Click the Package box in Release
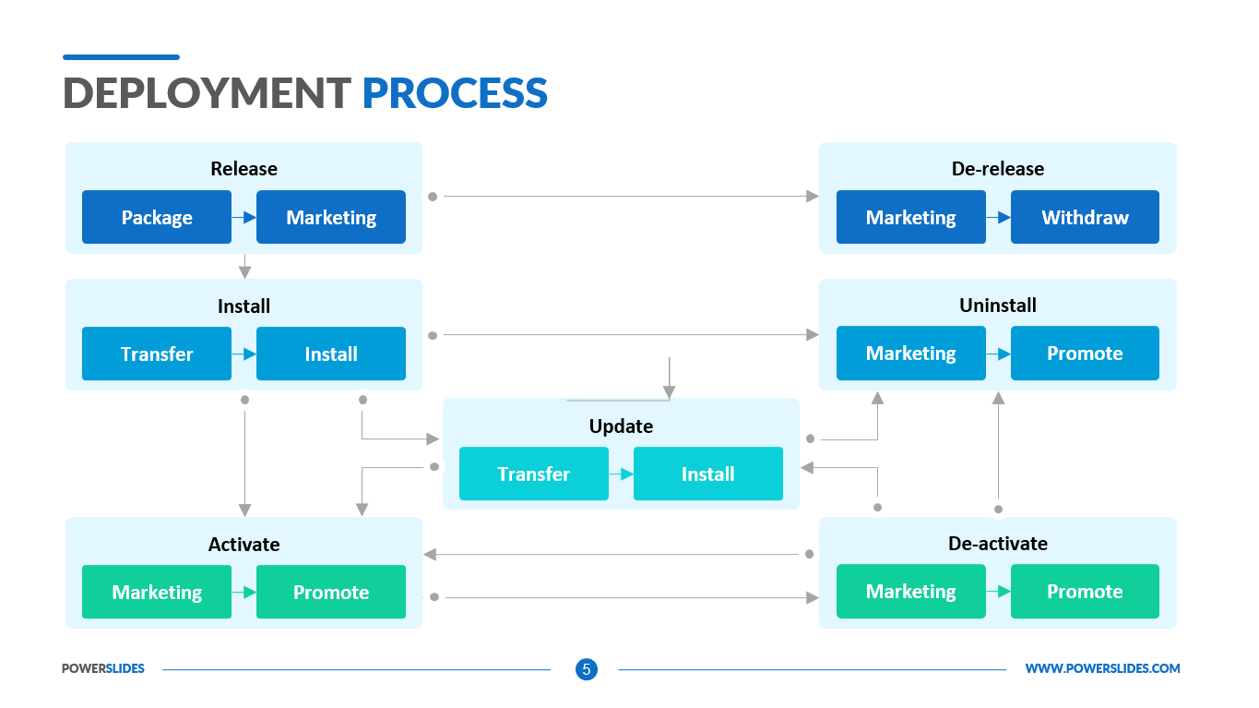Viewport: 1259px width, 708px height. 157,218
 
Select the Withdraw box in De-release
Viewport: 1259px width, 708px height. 1085,218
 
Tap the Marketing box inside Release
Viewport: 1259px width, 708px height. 331,218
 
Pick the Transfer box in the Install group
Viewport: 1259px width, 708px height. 157,354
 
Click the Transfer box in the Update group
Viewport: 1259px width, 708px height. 534,474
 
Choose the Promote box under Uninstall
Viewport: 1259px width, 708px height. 1085,354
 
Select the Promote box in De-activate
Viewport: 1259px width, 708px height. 1085,592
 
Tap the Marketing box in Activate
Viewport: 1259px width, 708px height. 157,593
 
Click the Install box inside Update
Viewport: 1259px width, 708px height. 707,474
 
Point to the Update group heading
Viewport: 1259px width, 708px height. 621,426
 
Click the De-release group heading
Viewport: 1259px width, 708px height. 997,169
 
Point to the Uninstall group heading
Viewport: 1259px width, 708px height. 997,306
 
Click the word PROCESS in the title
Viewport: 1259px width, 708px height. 455,94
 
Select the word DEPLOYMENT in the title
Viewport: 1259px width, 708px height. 207,94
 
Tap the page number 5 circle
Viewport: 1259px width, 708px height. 586,669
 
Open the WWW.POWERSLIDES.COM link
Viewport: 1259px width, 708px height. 1102,669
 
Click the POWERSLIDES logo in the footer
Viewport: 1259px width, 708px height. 103,669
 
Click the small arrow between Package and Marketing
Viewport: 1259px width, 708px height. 244,218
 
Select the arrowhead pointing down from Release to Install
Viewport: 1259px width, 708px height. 244,271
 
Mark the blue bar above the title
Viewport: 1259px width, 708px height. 121,57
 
